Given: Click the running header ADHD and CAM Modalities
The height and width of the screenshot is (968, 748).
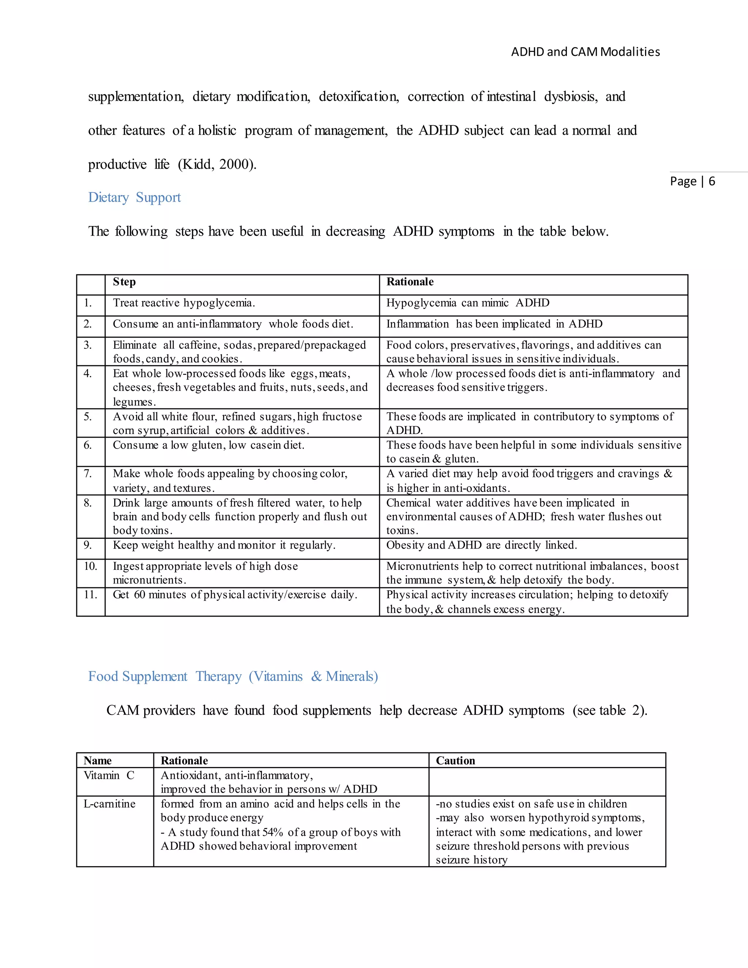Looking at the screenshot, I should [x=585, y=52].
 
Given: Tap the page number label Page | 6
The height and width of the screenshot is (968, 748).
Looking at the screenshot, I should [x=692, y=181].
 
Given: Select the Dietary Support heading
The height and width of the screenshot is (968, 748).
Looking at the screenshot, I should [x=134, y=197].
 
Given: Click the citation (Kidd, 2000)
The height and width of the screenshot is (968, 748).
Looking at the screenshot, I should [x=217, y=164].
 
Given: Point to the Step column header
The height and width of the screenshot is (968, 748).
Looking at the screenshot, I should [x=124, y=282].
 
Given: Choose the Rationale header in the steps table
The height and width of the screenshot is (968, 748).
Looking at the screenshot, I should [x=409, y=282].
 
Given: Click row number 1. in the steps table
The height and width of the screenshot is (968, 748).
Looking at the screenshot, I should [x=88, y=303].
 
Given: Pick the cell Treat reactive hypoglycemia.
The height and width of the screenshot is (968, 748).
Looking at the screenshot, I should [x=184, y=303].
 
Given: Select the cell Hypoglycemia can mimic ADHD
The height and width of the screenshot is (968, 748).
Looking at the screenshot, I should [x=467, y=303].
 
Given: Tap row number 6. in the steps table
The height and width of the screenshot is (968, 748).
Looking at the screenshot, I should [x=88, y=445].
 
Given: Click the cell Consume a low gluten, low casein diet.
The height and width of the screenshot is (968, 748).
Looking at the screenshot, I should [x=208, y=445].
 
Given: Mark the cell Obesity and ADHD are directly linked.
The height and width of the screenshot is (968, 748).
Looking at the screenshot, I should [x=481, y=545].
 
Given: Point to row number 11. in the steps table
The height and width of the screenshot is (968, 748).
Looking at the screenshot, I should [x=91, y=595].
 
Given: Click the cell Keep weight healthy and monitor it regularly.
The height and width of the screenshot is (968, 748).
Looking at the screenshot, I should [x=224, y=545].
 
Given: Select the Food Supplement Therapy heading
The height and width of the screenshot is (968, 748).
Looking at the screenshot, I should [x=233, y=677].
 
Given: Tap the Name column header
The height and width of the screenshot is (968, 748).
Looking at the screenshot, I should [x=98, y=761].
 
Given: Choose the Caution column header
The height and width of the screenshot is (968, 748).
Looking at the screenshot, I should [x=455, y=761].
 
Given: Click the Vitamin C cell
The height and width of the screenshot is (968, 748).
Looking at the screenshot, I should [x=108, y=775].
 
